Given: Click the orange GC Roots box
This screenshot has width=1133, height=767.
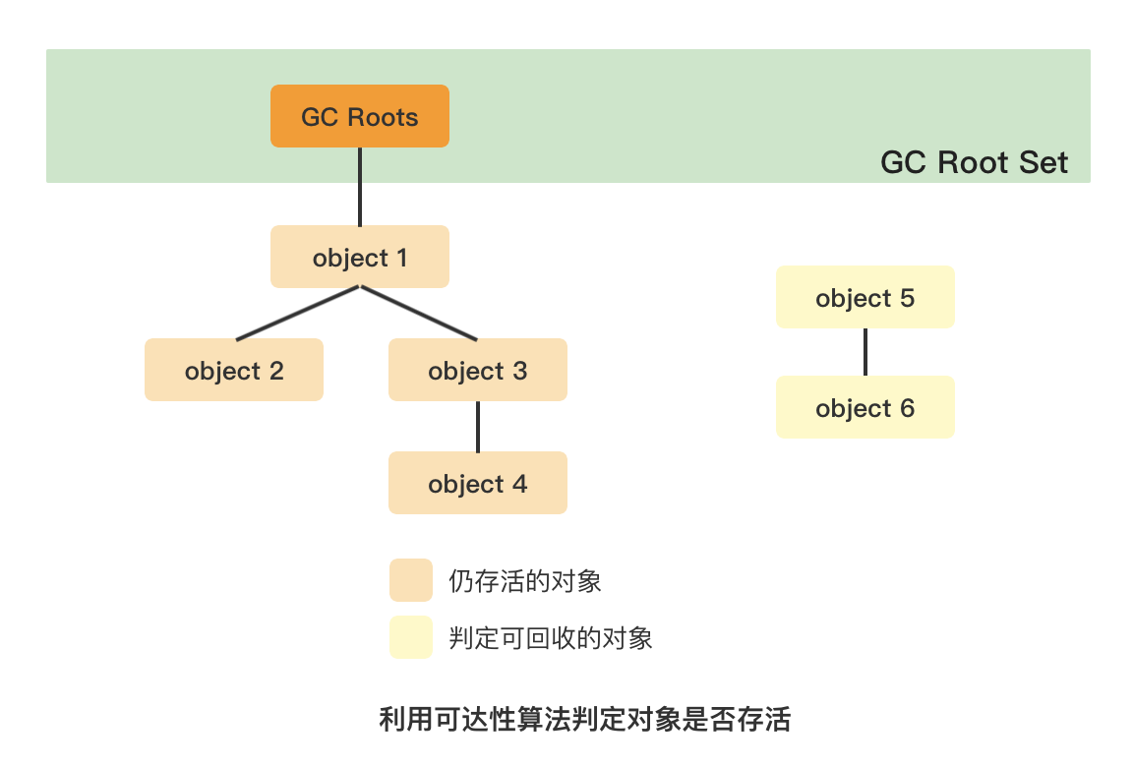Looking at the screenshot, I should click(x=359, y=116).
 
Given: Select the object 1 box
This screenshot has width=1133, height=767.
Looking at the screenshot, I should click(x=359, y=257).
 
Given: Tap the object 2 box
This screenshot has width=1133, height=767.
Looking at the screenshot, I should click(x=233, y=370).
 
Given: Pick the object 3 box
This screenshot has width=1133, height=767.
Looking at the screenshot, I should click(x=477, y=370).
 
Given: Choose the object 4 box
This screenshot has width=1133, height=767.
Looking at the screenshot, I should click(x=477, y=483).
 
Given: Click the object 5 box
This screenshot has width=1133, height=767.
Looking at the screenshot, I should click(x=865, y=297).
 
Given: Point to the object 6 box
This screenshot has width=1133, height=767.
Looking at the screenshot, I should click(x=865, y=407).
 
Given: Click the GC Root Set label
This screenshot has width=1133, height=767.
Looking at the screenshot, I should click(x=974, y=162).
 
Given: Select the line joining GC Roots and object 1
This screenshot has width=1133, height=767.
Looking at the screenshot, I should click(x=360, y=187).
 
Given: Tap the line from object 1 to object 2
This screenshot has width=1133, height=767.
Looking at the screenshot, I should click(x=298, y=313).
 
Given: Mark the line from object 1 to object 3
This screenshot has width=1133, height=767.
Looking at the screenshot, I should click(x=420, y=314).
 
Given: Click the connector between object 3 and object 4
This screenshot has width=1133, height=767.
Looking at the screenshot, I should click(x=478, y=426).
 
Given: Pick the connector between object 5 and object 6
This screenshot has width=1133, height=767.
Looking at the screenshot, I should click(x=865, y=352).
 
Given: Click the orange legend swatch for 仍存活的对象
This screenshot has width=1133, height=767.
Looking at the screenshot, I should click(x=410, y=580).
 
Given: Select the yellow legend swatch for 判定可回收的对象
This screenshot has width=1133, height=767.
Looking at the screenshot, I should click(x=410, y=637).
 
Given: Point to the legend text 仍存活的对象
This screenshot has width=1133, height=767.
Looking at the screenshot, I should click(x=524, y=581).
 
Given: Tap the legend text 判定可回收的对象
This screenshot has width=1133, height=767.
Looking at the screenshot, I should click(x=550, y=638).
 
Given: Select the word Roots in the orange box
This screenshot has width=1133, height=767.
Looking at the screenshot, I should click(x=382, y=117).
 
